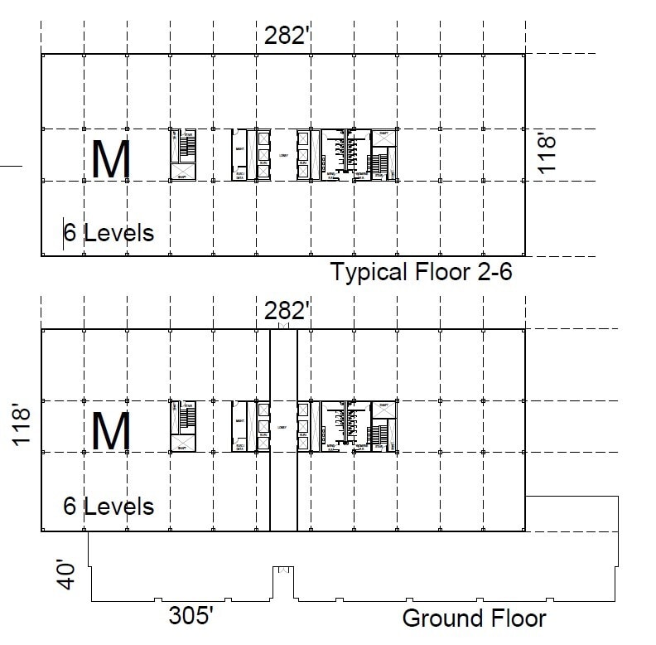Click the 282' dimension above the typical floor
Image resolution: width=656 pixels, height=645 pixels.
point(287,36)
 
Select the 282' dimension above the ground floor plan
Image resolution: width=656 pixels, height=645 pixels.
point(287,312)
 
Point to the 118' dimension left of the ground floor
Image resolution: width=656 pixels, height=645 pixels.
point(24,426)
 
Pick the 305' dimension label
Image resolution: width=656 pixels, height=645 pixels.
point(198,618)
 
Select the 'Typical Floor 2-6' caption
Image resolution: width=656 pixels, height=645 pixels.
point(422,271)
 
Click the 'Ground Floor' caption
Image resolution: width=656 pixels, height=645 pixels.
point(474,618)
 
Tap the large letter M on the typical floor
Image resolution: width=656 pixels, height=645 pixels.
point(110,160)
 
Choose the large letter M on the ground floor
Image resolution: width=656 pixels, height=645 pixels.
point(110,430)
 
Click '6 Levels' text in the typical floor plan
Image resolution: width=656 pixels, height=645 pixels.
point(109,232)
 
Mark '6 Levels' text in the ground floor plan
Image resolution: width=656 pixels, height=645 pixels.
point(109,505)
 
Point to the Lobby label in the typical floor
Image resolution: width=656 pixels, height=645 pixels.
point(282,154)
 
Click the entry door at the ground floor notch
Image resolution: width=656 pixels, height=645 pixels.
point(284,570)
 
